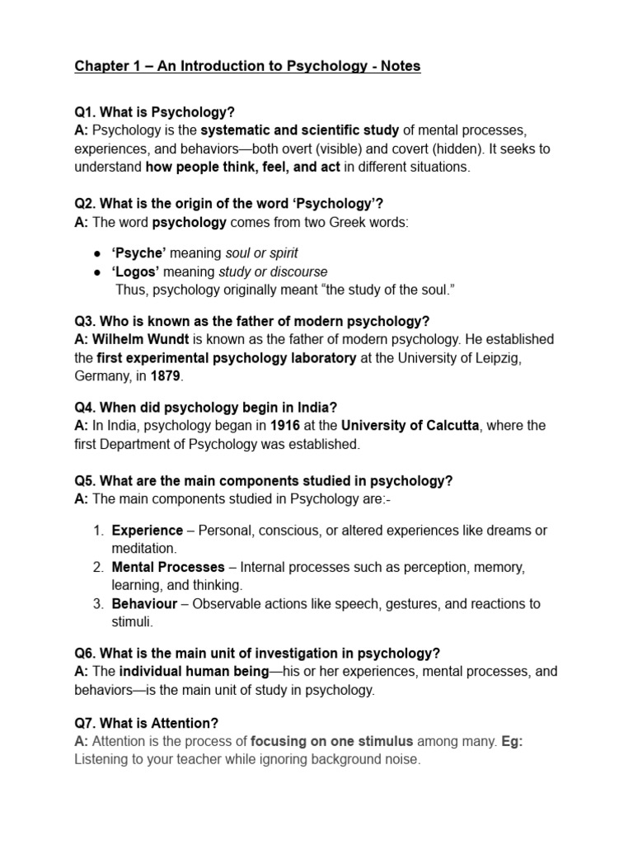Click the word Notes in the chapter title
(399, 66)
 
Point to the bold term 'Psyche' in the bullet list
(138, 253)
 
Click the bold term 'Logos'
(136, 271)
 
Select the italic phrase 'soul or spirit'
(257, 253)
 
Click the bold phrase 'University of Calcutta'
(410, 426)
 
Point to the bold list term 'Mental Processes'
(168, 567)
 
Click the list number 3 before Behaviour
(97, 603)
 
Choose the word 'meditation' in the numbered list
(143, 548)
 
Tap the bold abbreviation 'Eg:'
(511, 741)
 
